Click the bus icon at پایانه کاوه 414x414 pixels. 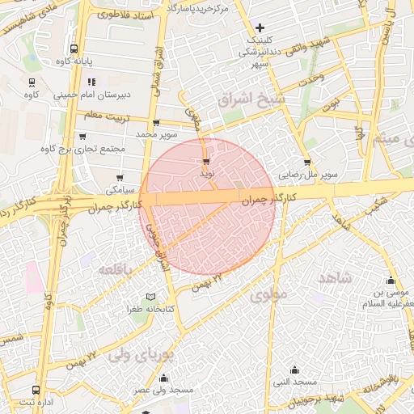tap(74, 49)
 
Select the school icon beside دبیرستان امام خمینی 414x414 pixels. tap(91, 82)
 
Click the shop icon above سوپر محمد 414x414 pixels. tap(156, 123)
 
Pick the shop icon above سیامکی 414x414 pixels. tap(120, 178)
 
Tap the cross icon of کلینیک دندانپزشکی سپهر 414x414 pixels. tap(260, 27)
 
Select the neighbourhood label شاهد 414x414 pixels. tap(336, 278)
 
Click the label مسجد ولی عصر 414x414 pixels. tap(167, 390)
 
